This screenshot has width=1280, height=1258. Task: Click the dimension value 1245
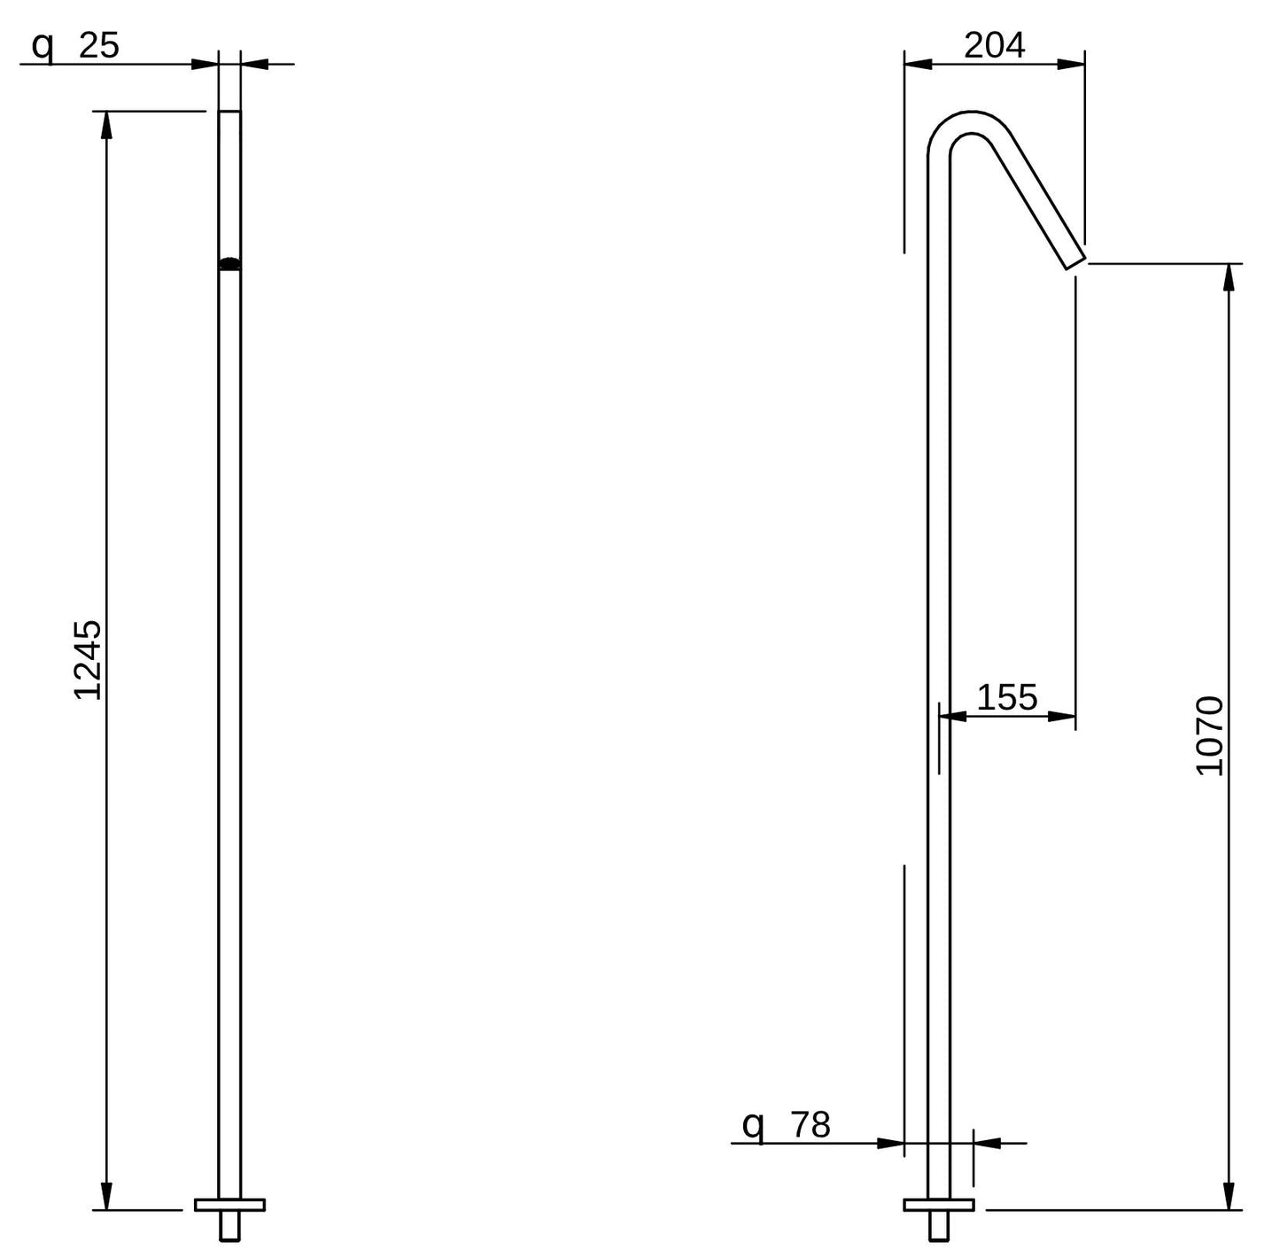(x=88, y=661)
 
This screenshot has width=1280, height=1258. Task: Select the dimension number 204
(x=995, y=46)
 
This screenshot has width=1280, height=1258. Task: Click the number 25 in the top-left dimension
(x=99, y=46)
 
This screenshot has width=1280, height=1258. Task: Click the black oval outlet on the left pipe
(x=229, y=263)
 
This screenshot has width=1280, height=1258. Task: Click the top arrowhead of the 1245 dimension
(x=105, y=125)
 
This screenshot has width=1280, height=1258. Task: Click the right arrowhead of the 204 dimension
(x=1071, y=65)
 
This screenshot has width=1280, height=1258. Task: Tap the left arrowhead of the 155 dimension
(x=952, y=717)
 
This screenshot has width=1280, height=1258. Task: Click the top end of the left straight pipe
(x=229, y=112)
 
